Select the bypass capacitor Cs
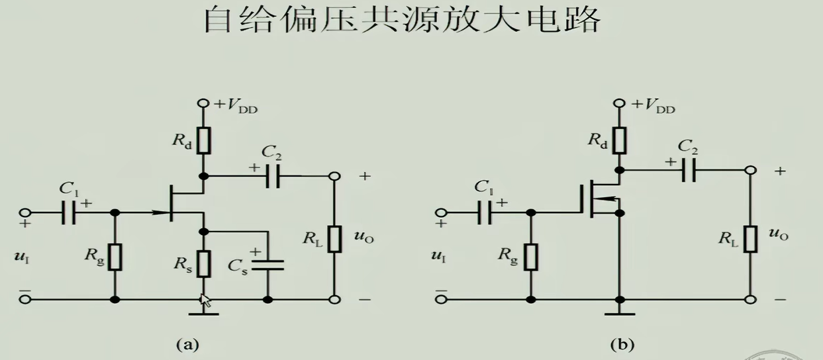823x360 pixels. click(268, 265)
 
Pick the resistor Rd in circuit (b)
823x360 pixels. click(619, 140)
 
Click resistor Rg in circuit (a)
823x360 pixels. click(115, 256)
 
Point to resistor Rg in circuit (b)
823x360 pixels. click(531, 256)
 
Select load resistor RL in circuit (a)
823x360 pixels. click(334, 238)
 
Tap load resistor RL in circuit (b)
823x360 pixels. click(750, 238)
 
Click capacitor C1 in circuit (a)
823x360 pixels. click(68, 213)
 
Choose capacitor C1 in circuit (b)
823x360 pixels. click(484, 213)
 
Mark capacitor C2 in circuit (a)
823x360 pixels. click(271, 177)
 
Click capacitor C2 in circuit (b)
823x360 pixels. click(689, 171)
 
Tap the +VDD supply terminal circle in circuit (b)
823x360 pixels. click(619, 104)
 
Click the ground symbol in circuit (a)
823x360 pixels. click(205, 312)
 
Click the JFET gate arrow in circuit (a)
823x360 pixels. click(159, 213)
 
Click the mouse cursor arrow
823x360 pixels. click(206, 301)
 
